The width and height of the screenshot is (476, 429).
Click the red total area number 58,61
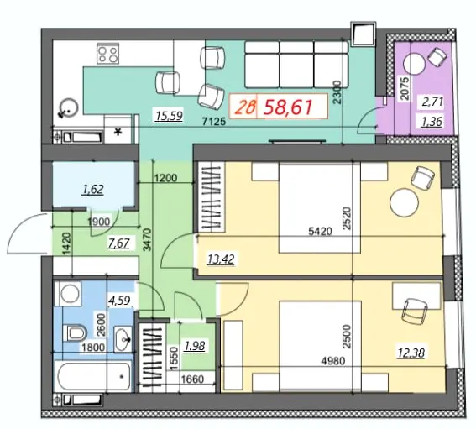point(288,107)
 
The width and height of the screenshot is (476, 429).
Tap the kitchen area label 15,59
point(169,116)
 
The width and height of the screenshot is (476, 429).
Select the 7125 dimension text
point(214,122)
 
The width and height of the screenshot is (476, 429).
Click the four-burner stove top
point(107,54)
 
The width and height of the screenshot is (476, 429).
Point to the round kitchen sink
point(69,107)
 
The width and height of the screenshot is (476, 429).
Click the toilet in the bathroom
point(75,333)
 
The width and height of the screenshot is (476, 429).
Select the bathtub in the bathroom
point(94,376)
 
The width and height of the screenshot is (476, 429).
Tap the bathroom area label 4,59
point(119,301)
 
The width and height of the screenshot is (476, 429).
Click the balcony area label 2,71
point(433,102)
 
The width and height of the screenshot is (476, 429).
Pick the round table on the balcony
point(414,63)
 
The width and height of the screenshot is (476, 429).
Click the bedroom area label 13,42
point(221,259)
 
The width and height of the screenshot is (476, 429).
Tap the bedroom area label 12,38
point(411,353)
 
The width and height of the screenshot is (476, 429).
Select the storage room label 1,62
point(93,190)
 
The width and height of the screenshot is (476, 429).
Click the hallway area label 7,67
point(118,243)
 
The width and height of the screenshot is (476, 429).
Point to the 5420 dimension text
point(320,232)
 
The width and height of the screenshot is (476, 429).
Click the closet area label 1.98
point(195,346)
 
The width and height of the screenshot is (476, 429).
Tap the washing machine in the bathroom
point(71,293)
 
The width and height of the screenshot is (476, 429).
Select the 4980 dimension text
point(333,361)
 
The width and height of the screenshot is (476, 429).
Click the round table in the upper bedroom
point(404,202)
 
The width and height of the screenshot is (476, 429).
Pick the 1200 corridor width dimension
point(165,178)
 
